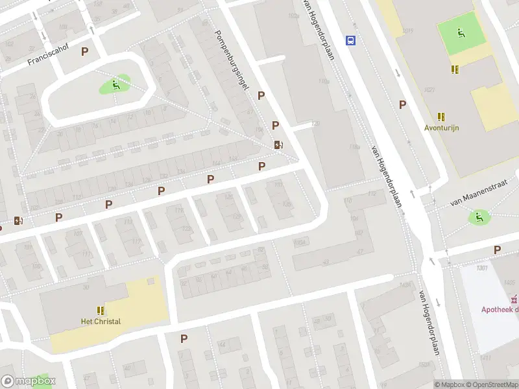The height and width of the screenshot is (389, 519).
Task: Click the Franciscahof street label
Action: tap(47, 57)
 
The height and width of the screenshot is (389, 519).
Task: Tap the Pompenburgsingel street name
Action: tap(232, 64)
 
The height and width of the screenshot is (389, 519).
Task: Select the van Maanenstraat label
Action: tap(477, 194)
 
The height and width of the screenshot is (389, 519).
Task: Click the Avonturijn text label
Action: tap(442, 128)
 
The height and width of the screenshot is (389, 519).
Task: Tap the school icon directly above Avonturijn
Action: tap(442, 117)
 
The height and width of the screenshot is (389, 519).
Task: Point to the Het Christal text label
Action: tap(100, 322)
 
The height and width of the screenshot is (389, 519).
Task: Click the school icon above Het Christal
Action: tap(101, 311)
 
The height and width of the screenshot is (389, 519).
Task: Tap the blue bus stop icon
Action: tap(351, 40)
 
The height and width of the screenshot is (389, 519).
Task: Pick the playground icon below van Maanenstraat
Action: tap(479, 217)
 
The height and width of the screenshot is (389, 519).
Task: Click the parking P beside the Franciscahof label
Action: tap(84, 51)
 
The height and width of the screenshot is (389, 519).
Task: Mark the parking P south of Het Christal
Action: tap(184, 338)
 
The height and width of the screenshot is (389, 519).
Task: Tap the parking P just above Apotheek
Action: tap(497, 250)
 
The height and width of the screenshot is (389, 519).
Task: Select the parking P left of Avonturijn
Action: tap(402, 104)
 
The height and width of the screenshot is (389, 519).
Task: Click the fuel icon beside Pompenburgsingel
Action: tap(278, 145)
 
